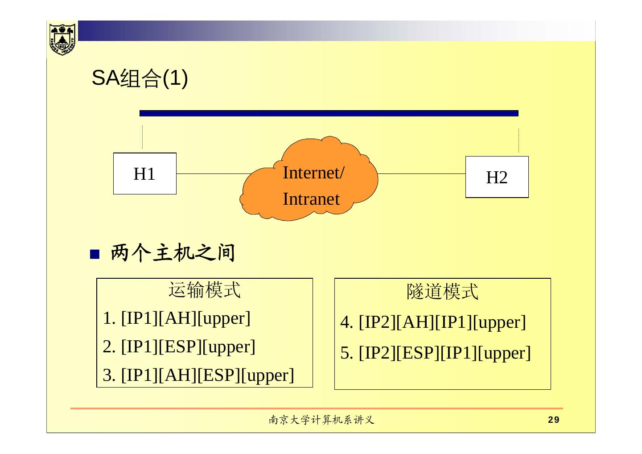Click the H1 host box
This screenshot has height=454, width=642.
coord(144,173)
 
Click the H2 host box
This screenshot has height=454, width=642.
coord(497,177)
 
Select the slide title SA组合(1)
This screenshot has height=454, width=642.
coord(140,79)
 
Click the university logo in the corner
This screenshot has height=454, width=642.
coord(62,38)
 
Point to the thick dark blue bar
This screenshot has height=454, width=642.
coord(329,113)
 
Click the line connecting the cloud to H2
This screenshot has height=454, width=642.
coord(421,174)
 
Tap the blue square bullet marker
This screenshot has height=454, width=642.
coord(95,254)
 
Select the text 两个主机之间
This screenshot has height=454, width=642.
coord(173,253)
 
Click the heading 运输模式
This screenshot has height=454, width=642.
coord(205,290)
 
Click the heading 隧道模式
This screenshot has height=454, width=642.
coord(442,292)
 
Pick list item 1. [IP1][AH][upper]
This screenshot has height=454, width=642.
coord(177,318)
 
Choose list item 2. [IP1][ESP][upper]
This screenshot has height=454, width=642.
coord(179,347)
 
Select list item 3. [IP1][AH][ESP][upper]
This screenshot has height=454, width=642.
coord(198,375)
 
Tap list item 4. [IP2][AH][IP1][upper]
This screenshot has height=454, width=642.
coord(433,322)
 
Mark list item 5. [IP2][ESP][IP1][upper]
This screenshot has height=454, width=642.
coord(436,353)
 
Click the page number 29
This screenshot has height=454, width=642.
coord(553,420)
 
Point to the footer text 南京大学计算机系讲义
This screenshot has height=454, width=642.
coord(321,420)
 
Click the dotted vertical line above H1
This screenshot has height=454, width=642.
coord(143,137)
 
